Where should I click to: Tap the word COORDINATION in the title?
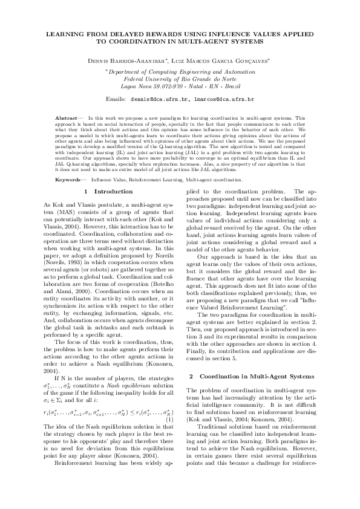(125, 43)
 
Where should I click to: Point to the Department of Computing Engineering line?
(180, 71)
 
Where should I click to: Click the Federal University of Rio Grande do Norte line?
(180, 79)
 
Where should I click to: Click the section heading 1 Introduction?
(108, 192)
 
